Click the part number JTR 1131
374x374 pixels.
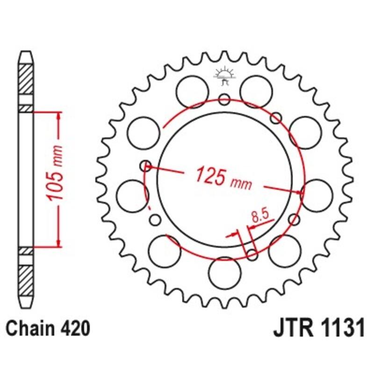pyautogui.click(x=318, y=329)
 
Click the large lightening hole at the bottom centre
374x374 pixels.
pyautogui.click(x=224, y=273)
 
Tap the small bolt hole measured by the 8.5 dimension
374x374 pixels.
pyautogui.click(x=252, y=255)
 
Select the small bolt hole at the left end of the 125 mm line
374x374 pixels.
pyautogui.click(x=147, y=165)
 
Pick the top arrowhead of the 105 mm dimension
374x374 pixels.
pyautogui.click(x=58, y=115)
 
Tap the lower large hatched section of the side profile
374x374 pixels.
pyautogui.click(x=26, y=280)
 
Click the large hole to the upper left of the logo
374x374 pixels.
pyautogui.click(x=193, y=89)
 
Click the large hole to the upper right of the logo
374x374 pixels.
pyautogui.click(x=256, y=89)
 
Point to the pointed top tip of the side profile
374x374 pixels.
pyautogui.click(x=26, y=51)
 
